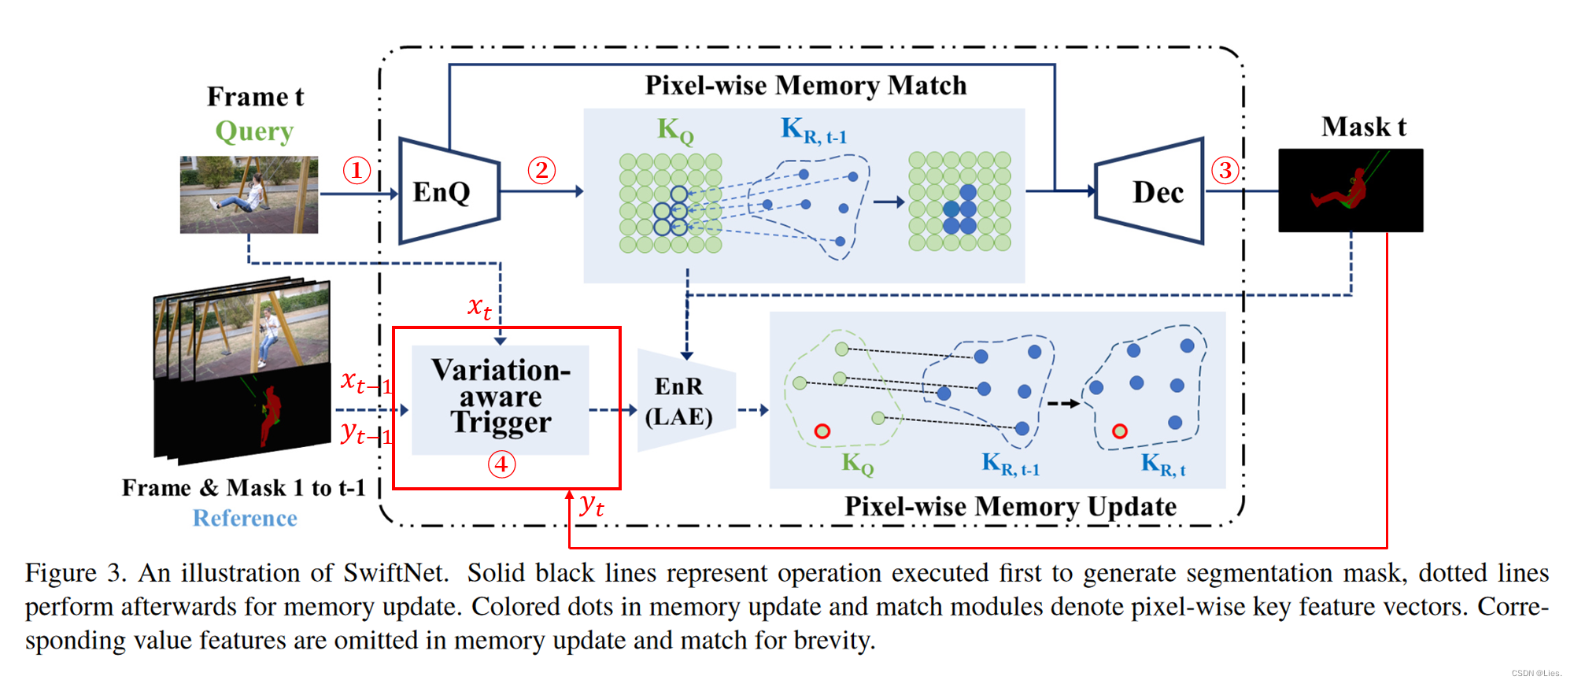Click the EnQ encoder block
point(445,191)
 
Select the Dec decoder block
point(1152,192)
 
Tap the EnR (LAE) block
point(681,401)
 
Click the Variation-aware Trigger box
point(501,397)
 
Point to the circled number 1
point(357,170)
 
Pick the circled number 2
point(541,170)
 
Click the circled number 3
point(1225,170)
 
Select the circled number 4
point(501,464)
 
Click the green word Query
point(254,131)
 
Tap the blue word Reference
point(245,518)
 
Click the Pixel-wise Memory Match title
point(805,85)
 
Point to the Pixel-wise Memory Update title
point(1010,506)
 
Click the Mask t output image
point(1350,190)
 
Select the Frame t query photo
point(249,194)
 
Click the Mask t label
point(1363,127)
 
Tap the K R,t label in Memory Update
point(1162,464)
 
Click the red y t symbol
point(591,505)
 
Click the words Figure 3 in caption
point(75,572)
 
